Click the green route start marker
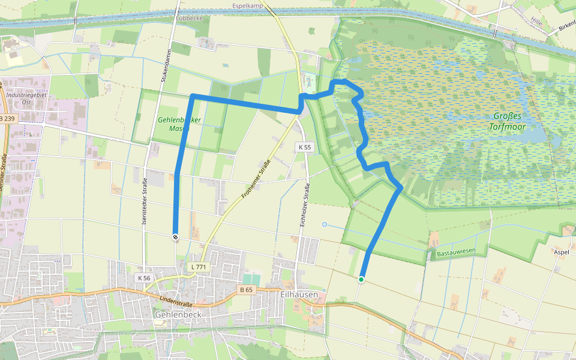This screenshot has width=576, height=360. click(361, 280)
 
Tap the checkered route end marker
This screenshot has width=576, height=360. click(175, 236)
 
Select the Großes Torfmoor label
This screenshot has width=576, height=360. click(507, 121)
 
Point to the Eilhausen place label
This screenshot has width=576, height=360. click(298, 295)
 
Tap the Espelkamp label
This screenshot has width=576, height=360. click(248, 7)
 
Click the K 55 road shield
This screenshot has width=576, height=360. click(304, 147)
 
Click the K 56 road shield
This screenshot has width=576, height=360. click(143, 278)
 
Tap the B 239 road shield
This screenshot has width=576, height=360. click(7, 119)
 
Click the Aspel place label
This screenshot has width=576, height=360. click(562, 252)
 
